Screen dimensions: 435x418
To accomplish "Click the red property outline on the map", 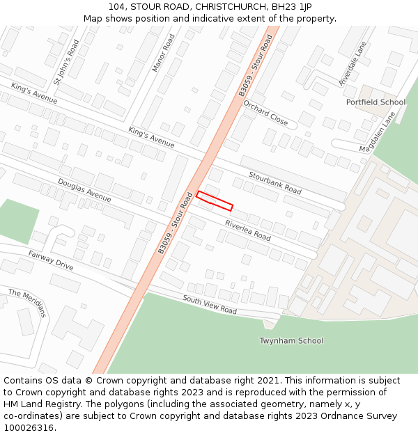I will [214, 200].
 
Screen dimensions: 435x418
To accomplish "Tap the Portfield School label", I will [376, 102].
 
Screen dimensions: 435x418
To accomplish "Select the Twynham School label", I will [291, 340].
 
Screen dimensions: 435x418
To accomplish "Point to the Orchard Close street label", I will [265, 113].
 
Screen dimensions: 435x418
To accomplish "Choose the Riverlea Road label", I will [247, 230].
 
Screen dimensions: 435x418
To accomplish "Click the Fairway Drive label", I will [51, 260].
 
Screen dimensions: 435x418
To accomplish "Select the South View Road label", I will [210, 304].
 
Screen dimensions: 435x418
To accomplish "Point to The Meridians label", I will [27, 303].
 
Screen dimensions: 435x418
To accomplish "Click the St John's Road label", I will [67, 61].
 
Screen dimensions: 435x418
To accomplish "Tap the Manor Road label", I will [164, 53].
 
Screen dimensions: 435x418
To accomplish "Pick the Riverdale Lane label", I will [353, 63].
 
